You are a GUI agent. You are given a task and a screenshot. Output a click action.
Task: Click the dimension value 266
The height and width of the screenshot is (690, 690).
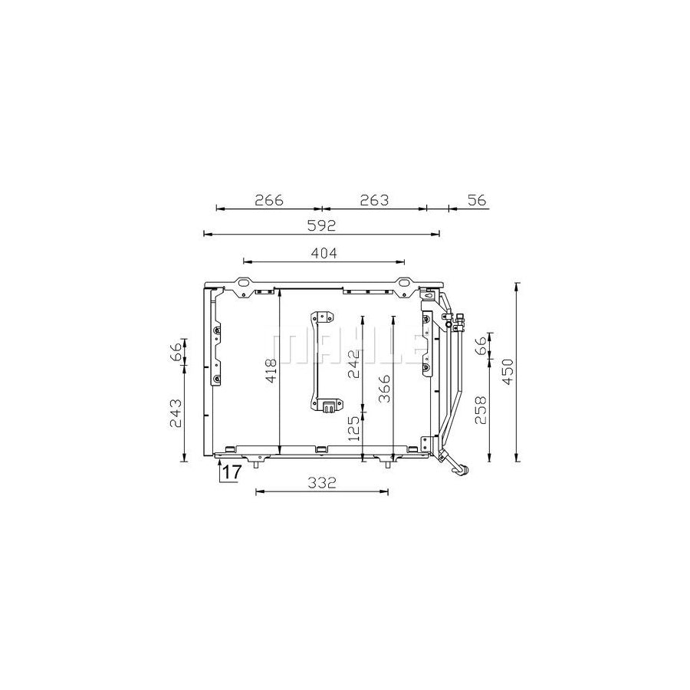point(269,200)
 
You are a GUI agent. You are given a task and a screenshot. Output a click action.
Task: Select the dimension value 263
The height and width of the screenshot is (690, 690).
point(374,200)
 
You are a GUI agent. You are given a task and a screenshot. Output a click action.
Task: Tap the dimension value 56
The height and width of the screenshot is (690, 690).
point(477,200)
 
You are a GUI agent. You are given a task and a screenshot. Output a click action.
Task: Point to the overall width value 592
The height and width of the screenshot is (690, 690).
point(322,225)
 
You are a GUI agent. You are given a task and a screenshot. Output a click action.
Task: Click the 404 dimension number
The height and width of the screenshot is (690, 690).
point(323,252)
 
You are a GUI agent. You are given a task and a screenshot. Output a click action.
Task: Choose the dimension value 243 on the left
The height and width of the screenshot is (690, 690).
point(176,413)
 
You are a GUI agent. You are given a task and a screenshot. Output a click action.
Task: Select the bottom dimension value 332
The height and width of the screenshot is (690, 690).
point(323,482)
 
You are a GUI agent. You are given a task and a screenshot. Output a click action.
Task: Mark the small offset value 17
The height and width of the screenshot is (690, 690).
point(232,473)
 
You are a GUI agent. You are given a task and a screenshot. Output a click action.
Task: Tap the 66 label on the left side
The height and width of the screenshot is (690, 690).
point(176,352)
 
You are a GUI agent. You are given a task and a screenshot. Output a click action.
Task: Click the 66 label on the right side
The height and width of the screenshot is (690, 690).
point(481,346)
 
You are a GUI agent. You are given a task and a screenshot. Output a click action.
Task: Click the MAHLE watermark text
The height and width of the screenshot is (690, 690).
point(345,348)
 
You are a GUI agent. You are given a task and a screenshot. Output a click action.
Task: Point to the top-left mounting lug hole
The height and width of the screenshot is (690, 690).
point(243,289)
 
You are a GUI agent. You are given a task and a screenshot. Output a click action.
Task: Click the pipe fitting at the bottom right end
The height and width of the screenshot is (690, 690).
point(460,468)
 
